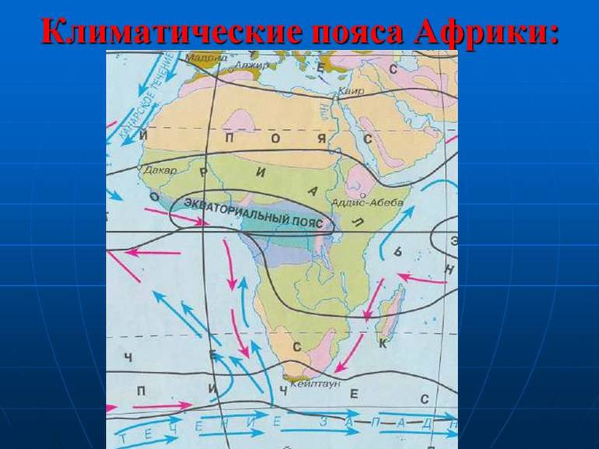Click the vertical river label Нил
pos(330,116)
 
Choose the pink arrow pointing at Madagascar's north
pos(420,278)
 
